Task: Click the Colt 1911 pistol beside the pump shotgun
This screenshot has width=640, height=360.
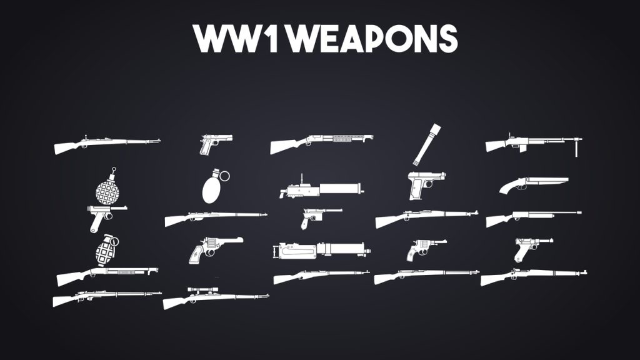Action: point(214,143)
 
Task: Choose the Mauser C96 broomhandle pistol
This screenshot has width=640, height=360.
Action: point(316,217)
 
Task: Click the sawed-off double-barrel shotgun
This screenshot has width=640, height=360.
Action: point(531,183)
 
